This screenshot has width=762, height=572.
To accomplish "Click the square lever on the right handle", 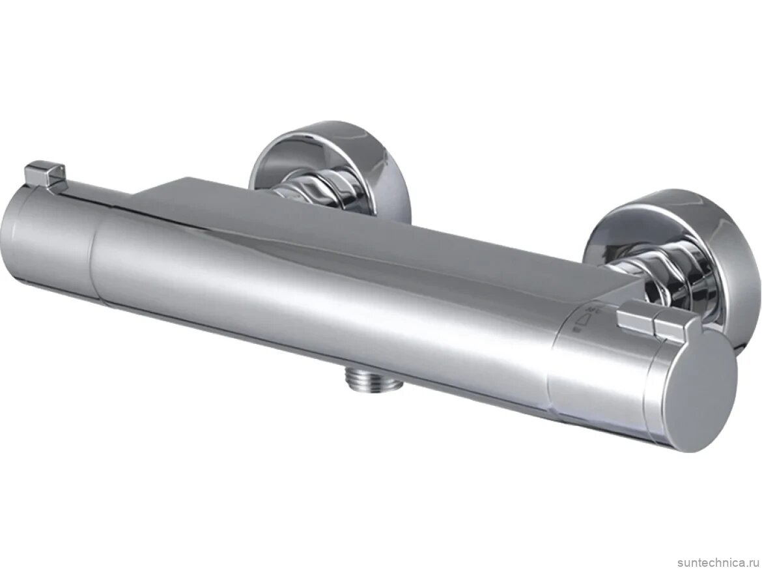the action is pos(651,322).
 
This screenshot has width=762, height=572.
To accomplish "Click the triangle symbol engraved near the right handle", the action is pos(585,321).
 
